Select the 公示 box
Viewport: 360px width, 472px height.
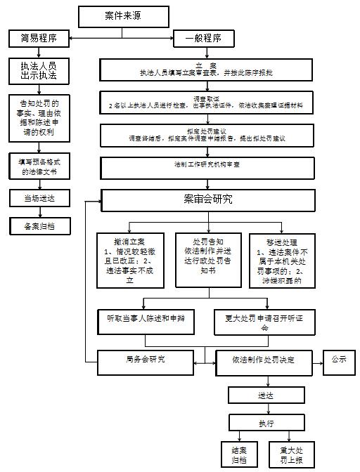[339, 360]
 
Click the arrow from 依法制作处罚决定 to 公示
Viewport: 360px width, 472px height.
[316, 360]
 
